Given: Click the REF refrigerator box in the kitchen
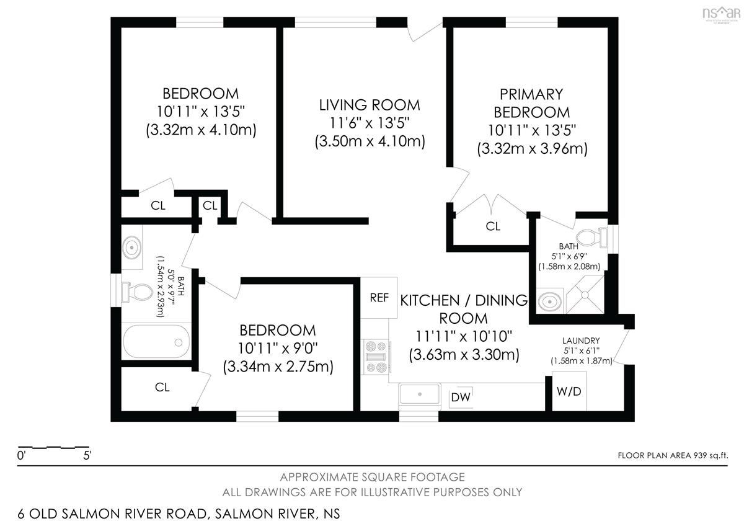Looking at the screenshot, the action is (379, 298).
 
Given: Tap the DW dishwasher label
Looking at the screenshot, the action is (461, 397).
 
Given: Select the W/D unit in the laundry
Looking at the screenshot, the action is (569, 391).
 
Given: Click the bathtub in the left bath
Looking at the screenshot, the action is (156, 341).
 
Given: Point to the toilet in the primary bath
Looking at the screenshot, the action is (592, 237).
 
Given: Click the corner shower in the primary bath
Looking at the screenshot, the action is (585, 295).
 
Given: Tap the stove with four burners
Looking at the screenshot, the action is (376, 357).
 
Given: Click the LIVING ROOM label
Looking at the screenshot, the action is (370, 105).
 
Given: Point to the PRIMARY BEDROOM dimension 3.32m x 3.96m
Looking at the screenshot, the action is (532, 148).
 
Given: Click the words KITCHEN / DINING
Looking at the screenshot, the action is (464, 300).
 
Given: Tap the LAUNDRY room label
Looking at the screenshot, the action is (581, 341).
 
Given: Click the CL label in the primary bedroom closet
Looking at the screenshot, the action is (492, 226).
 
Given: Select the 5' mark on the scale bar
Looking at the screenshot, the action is (87, 455).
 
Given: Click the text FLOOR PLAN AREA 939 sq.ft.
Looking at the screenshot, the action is (673, 455).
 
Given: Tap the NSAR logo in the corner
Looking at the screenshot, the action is (722, 14).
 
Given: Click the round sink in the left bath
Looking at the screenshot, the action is (132, 247).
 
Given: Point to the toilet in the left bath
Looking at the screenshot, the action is (137, 292).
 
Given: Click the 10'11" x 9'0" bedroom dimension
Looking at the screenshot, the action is (278, 349).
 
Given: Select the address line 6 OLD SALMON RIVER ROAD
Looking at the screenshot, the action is (113, 514).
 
